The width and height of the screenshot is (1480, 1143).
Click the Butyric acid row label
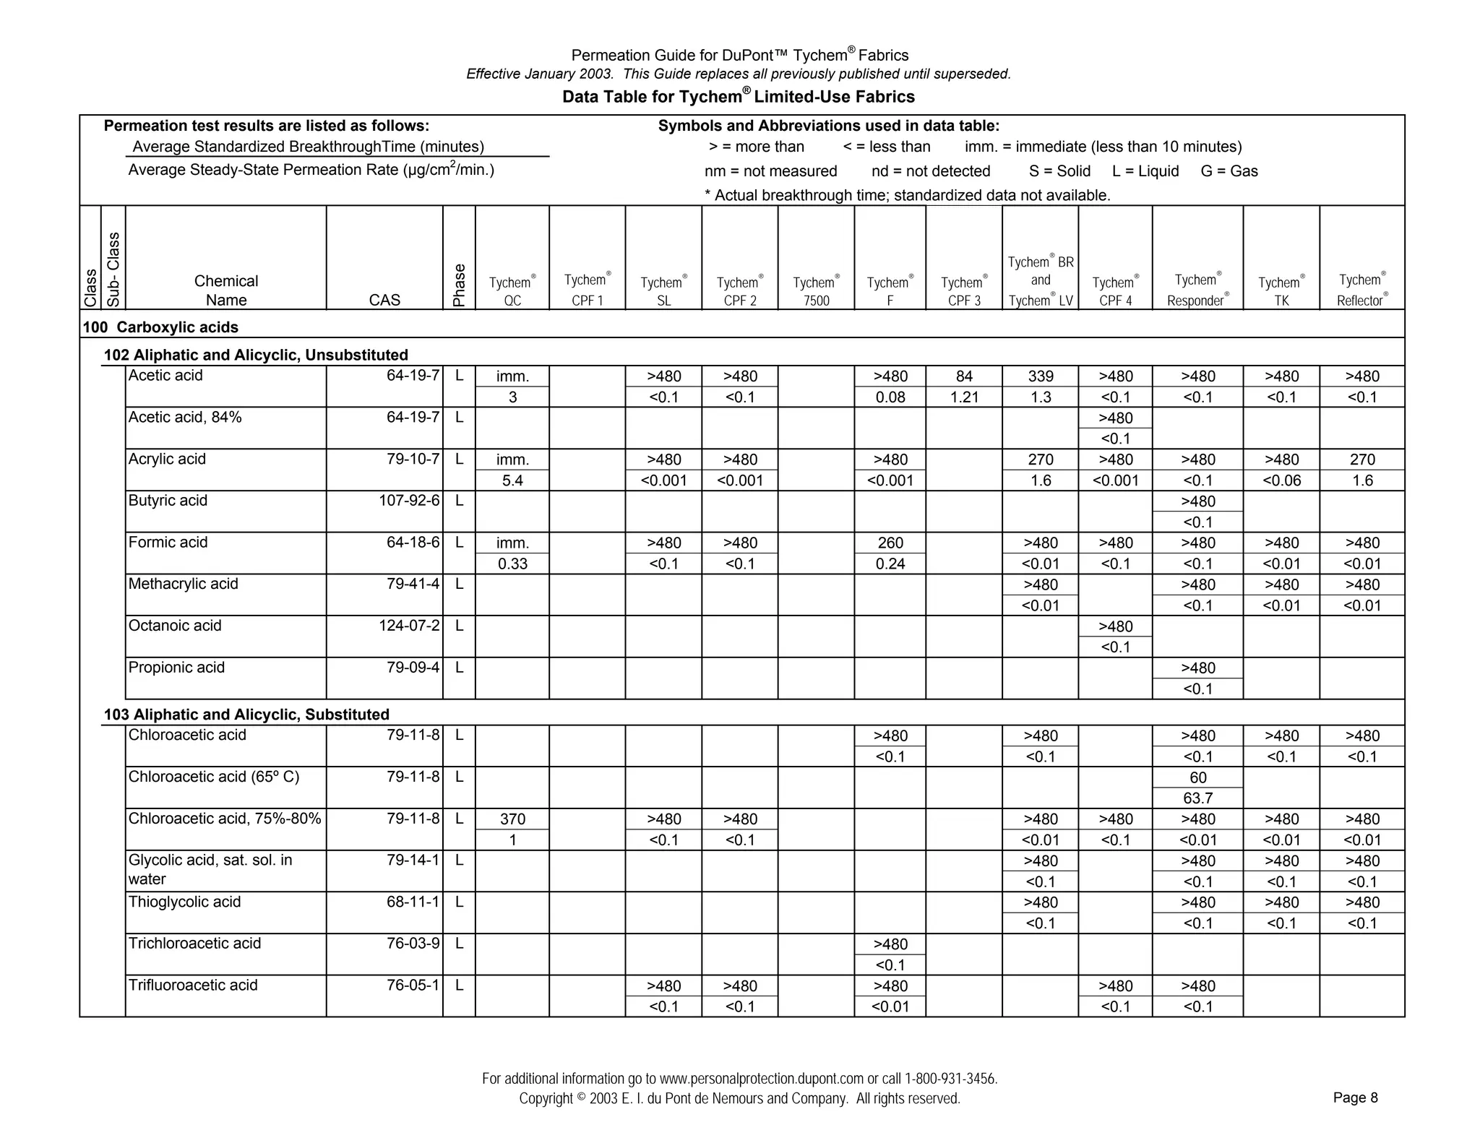(x=168, y=501)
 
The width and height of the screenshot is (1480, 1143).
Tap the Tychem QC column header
(x=512, y=291)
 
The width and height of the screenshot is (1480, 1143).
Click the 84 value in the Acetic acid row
(x=964, y=376)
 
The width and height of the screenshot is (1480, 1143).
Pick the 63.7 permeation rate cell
(x=1197, y=798)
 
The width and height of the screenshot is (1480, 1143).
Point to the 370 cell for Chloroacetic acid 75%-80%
(x=512, y=819)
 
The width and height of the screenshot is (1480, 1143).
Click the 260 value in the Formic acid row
(x=890, y=543)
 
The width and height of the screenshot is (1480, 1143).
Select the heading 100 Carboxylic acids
(x=160, y=327)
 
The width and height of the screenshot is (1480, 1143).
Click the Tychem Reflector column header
(x=1362, y=290)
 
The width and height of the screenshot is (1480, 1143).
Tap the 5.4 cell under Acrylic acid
(x=512, y=481)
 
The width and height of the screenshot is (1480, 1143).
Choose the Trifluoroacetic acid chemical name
(x=193, y=985)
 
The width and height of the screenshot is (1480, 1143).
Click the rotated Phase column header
(x=459, y=285)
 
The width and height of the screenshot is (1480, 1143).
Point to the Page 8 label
(x=1355, y=1098)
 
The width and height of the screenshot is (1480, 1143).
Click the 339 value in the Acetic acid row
(x=1041, y=376)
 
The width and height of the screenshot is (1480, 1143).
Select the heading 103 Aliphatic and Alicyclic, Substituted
(x=246, y=715)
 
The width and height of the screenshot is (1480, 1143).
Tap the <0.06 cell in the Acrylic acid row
(x=1281, y=481)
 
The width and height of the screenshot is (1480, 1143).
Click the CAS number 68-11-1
(x=413, y=902)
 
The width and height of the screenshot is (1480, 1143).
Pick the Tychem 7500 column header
(x=816, y=291)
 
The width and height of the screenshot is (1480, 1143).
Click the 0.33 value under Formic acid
(x=512, y=564)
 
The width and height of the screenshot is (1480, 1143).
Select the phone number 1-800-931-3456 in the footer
(x=950, y=1079)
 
